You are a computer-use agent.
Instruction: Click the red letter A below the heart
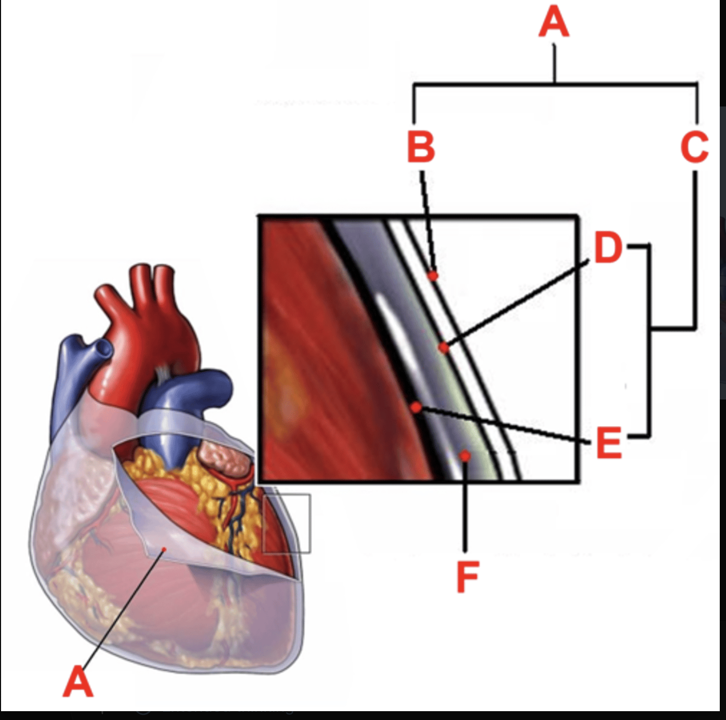(78, 682)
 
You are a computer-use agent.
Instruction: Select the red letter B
(421, 147)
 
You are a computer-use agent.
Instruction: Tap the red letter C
(695, 147)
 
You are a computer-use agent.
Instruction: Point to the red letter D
(608, 248)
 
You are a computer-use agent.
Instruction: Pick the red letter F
(467, 577)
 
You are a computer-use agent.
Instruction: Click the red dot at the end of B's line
(433, 275)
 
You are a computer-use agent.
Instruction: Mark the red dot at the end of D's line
(443, 347)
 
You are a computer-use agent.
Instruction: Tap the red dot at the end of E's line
(416, 408)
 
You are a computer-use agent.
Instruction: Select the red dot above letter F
(465, 456)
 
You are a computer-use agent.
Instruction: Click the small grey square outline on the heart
(287, 523)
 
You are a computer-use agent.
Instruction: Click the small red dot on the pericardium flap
(164, 549)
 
